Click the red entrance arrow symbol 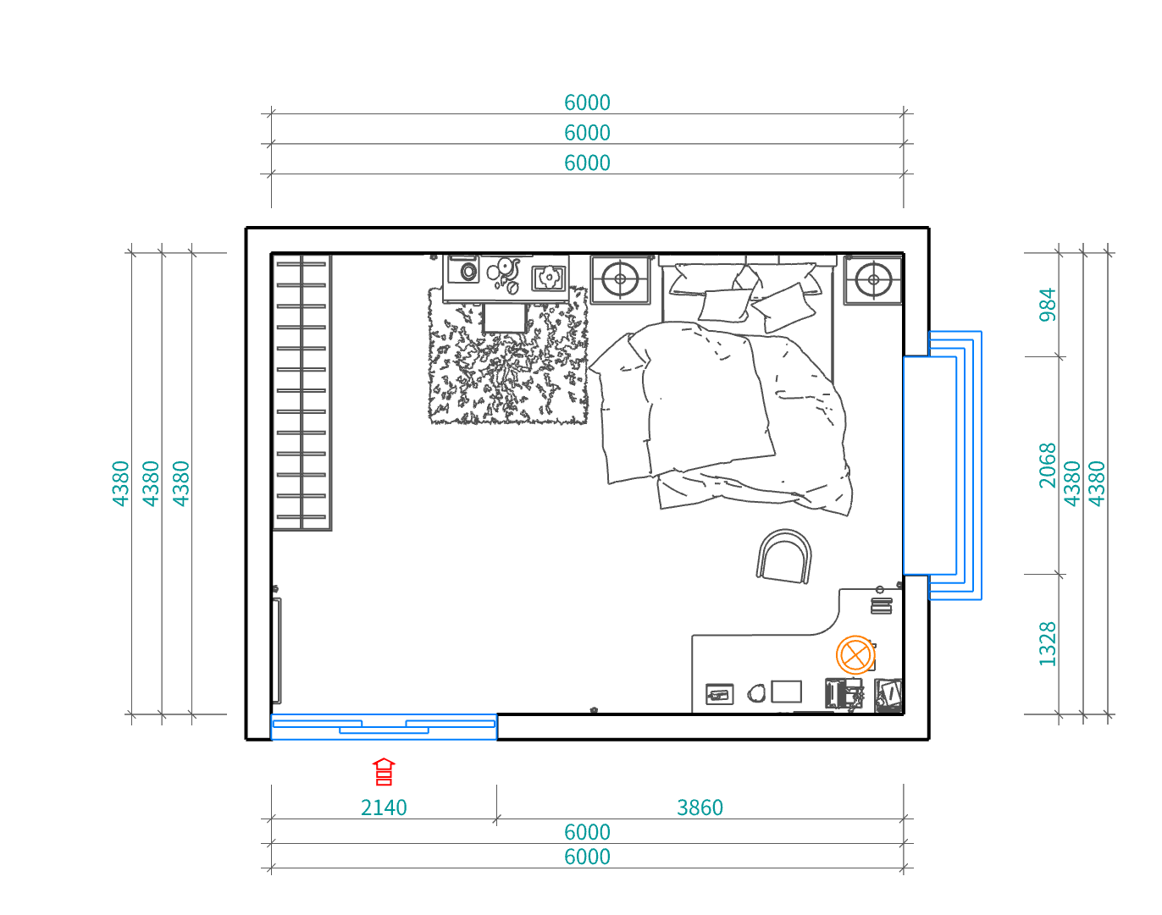click(x=384, y=771)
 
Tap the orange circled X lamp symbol click(x=855, y=655)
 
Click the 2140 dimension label click(x=384, y=808)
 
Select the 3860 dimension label click(x=700, y=808)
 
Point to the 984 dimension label click(x=1047, y=305)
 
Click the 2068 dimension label click(x=1047, y=466)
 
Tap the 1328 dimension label click(x=1047, y=644)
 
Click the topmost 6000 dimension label click(x=587, y=102)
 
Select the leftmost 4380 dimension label click(x=120, y=483)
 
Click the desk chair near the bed click(x=784, y=556)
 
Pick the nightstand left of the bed click(x=620, y=279)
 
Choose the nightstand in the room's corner click(x=873, y=279)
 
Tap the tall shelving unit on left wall click(x=302, y=393)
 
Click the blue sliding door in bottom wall click(x=384, y=726)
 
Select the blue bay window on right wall click(x=943, y=466)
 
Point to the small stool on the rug click(x=504, y=318)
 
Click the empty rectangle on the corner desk click(x=786, y=692)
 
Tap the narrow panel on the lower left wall click(x=277, y=650)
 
